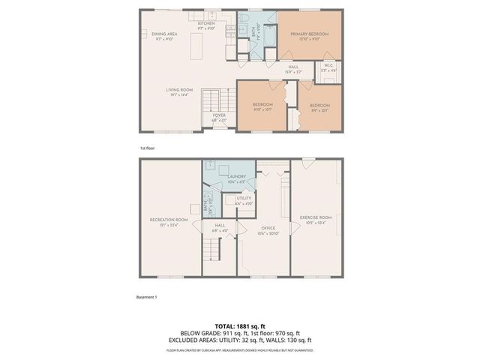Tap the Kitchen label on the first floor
pos(206,24)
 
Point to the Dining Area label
pos(165,34)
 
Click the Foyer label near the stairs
pos(219,116)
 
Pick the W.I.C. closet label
pos(328,67)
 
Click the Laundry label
pos(237,177)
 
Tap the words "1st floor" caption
pos(147,148)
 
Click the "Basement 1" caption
pos(146,298)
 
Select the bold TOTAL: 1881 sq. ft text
pos(239,325)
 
